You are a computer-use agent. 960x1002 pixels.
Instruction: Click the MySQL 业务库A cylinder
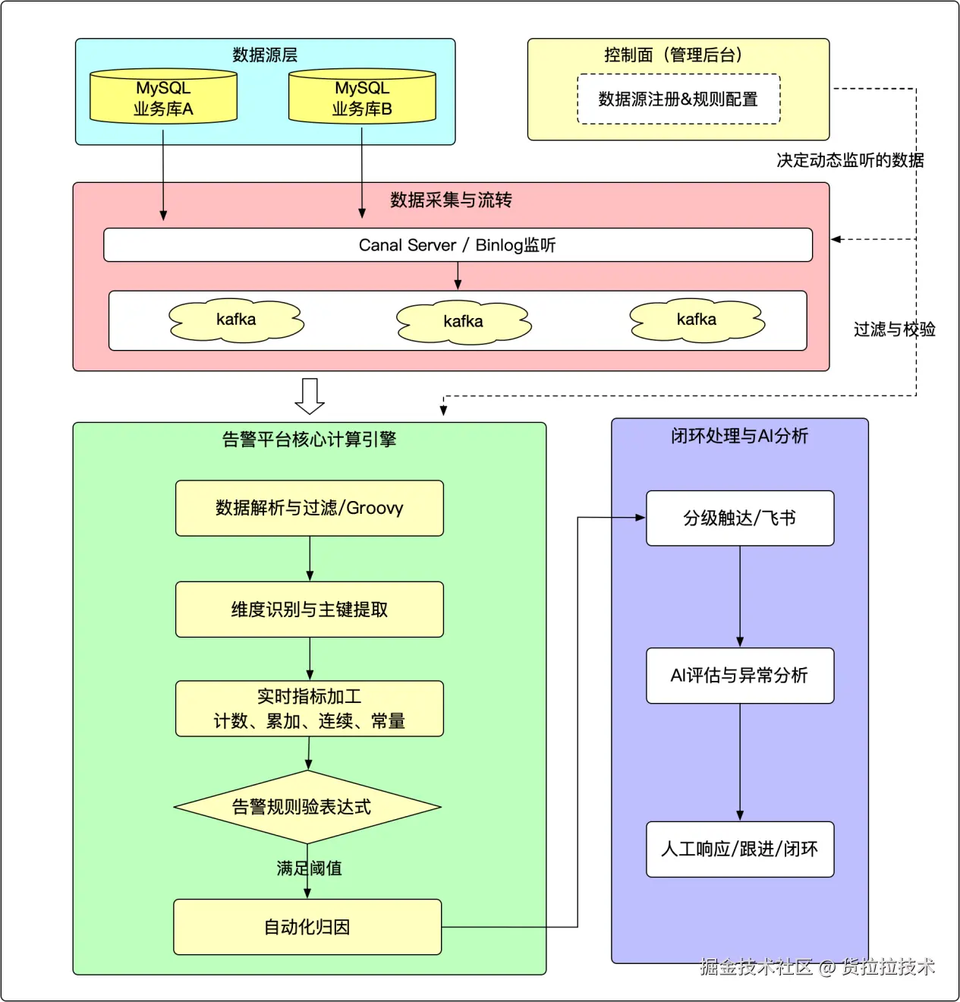click(163, 96)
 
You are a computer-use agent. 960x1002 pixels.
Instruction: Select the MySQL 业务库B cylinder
click(362, 96)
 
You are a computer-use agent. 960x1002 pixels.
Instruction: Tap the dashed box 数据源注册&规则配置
click(678, 99)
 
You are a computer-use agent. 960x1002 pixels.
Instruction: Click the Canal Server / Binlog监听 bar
click(458, 245)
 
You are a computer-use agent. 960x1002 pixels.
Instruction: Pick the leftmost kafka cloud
click(236, 320)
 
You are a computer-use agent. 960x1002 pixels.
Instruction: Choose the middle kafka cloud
click(464, 322)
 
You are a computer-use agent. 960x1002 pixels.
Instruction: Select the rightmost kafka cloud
click(697, 320)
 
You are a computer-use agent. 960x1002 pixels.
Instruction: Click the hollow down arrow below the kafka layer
click(310, 395)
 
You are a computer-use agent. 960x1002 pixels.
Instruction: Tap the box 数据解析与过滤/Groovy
click(310, 508)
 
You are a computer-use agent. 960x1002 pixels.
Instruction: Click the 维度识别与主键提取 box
click(310, 610)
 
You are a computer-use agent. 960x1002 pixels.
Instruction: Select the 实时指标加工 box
click(310, 708)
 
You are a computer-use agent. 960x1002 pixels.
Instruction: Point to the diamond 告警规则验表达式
click(307, 807)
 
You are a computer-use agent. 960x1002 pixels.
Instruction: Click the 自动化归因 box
click(307, 927)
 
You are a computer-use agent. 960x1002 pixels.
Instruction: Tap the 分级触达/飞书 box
click(740, 518)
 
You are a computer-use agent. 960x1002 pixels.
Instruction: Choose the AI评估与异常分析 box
click(740, 676)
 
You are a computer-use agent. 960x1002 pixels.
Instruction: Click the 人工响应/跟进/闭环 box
click(740, 849)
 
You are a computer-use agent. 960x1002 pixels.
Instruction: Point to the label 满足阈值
click(309, 868)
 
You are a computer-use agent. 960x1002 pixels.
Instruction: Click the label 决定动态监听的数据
click(850, 160)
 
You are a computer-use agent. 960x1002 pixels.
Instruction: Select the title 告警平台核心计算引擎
click(309, 440)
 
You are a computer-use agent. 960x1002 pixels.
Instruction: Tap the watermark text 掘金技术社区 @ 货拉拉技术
click(817, 966)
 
